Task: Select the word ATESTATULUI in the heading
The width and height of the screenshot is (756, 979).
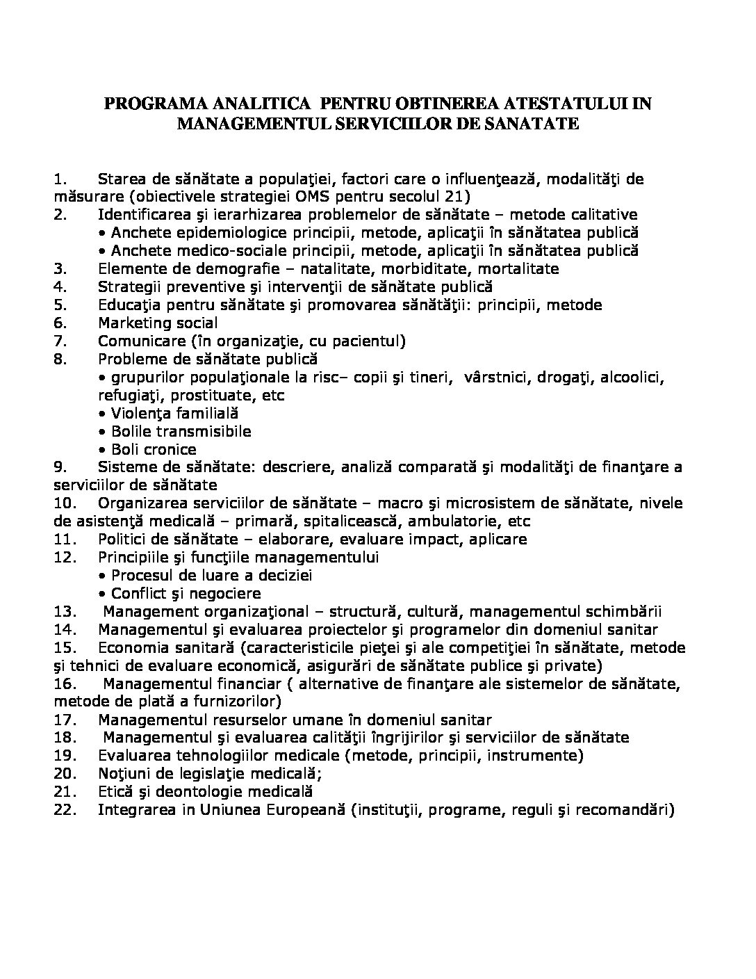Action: (x=566, y=104)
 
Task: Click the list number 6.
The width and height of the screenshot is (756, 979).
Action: (x=59, y=323)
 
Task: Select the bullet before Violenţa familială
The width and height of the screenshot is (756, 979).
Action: (x=103, y=413)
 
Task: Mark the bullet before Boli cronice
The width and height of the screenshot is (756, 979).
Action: (x=103, y=449)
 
